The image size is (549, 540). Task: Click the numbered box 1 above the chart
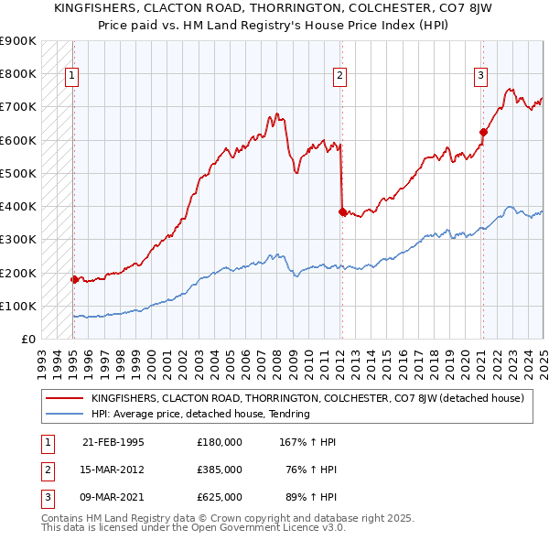tap(72, 76)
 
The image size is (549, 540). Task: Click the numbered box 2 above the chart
tap(339, 76)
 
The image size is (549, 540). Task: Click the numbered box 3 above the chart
tap(481, 76)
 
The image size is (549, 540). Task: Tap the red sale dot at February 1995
tap(75, 279)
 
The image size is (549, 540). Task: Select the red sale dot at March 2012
tap(342, 211)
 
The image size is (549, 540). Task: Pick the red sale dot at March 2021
tap(484, 132)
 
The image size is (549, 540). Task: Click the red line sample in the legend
tap(63, 398)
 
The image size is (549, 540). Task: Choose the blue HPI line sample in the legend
tap(63, 414)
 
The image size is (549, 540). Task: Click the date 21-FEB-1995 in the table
tap(113, 441)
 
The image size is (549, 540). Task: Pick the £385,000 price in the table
tap(220, 470)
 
